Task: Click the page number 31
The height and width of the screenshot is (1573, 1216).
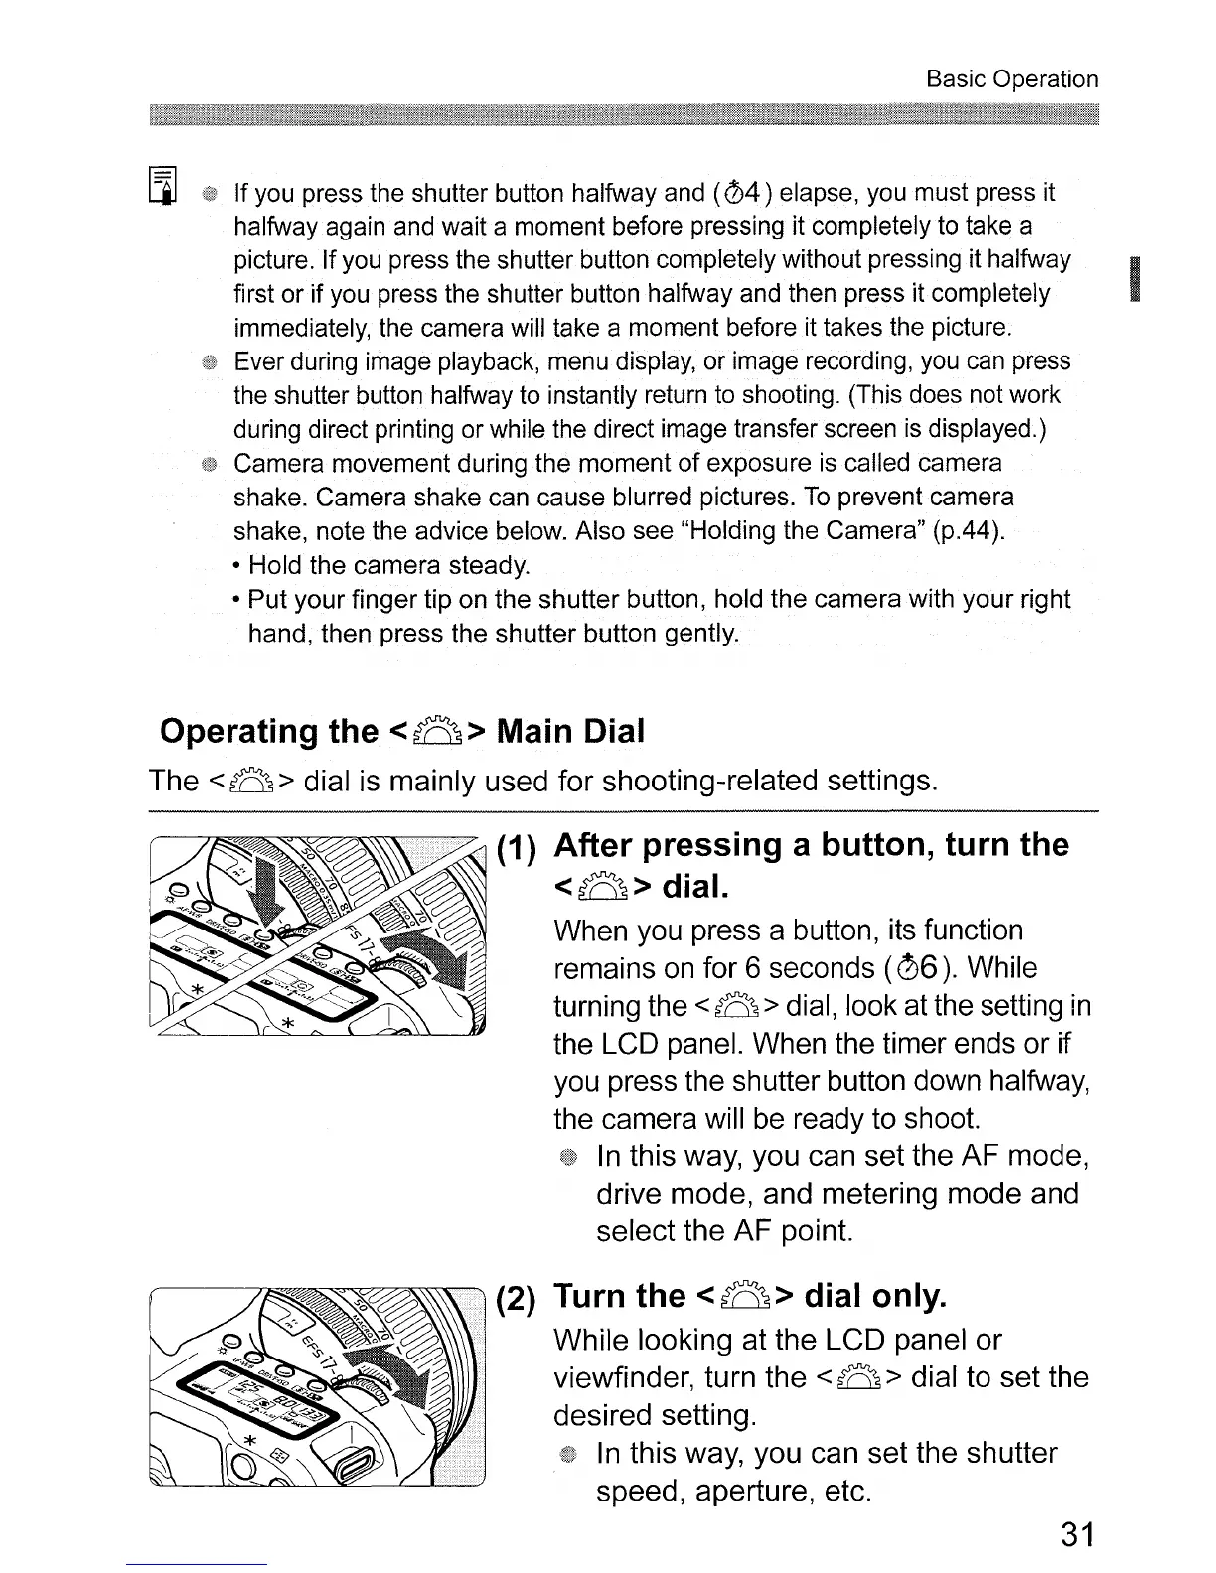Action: (x=1076, y=1535)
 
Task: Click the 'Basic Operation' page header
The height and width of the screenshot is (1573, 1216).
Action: (x=1011, y=79)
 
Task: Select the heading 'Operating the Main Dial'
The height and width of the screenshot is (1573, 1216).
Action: (x=402, y=732)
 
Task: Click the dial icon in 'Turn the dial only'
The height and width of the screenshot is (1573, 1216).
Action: (x=744, y=1297)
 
